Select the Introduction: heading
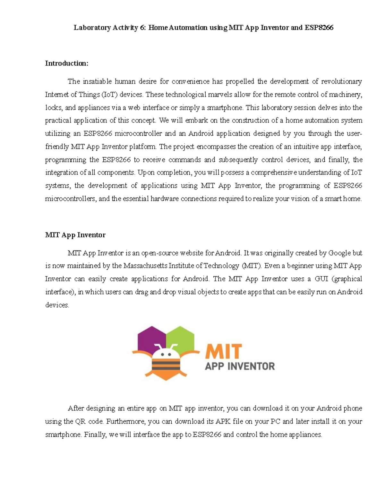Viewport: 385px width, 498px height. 66,63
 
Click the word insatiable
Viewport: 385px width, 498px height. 97,81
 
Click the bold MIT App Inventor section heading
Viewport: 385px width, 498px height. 75,235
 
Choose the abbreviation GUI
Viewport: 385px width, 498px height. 321,279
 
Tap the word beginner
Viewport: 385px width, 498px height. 300,266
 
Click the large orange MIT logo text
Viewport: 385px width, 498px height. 224,352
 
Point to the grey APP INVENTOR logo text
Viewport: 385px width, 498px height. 240,366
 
